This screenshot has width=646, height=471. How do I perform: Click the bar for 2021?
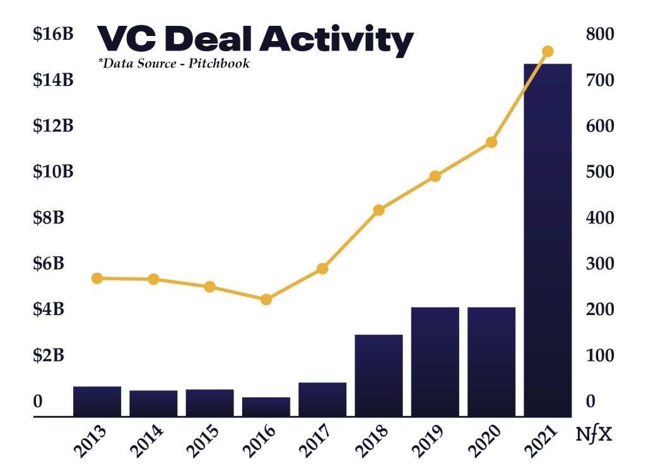pyautogui.click(x=548, y=240)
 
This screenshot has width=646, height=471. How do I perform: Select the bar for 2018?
pyautogui.click(x=379, y=375)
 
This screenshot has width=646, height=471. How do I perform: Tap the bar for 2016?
pyautogui.click(x=266, y=407)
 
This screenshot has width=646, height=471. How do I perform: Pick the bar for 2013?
pyautogui.click(x=97, y=401)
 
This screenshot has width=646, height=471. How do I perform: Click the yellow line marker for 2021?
pyautogui.click(x=548, y=51)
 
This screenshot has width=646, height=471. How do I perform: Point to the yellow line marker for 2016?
pyautogui.click(x=266, y=299)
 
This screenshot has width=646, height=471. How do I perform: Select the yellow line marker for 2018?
pyautogui.click(x=379, y=210)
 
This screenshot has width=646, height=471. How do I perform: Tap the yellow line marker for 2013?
pyautogui.click(x=97, y=278)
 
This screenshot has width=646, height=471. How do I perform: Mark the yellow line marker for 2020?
pyautogui.click(x=491, y=143)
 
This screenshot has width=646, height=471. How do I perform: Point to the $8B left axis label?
pyautogui.click(x=49, y=218)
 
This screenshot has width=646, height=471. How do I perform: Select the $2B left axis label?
pyautogui.click(x=49, y=355)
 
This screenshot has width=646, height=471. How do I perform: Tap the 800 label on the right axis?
pyautogui.click(x=600, y=35)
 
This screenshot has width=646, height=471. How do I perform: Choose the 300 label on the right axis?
pyautogui.click(x=600, y=264)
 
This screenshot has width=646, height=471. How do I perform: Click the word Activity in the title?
pyautogui.click(x=336, y=40)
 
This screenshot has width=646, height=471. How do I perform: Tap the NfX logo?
pyautogui.click(x=594, y=435)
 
